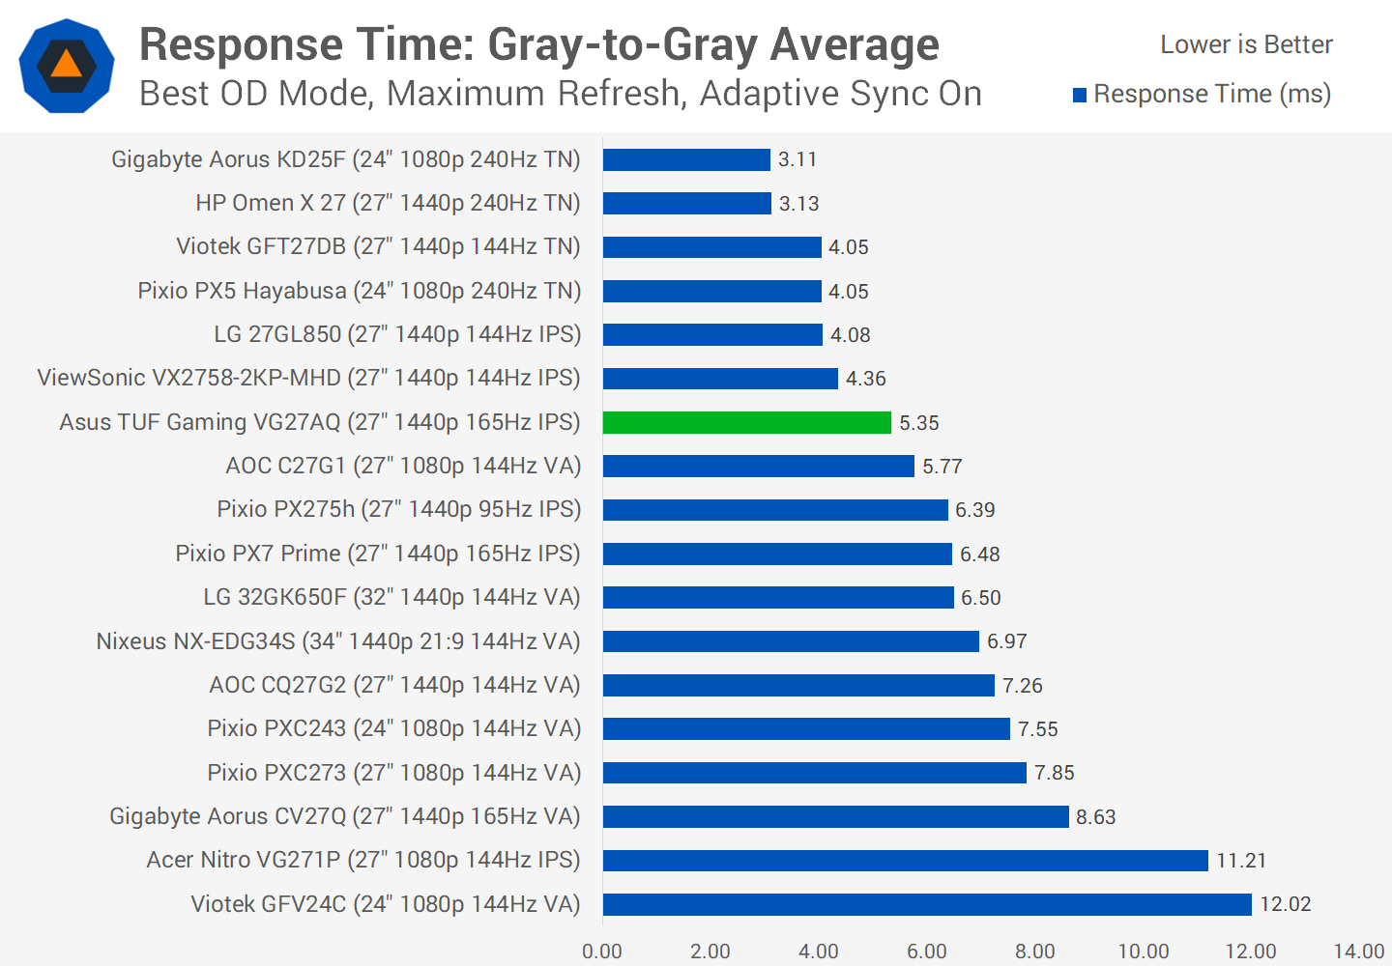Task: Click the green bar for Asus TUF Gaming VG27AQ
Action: (x=746, y=422)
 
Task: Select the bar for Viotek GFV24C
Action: (x=927, y=904)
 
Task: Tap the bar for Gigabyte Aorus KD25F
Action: (x=686, y=159)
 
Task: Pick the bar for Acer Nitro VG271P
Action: (x=905, y=860)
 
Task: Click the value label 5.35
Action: (x=918, y=423)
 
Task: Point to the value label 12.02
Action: (x=1285, y=904)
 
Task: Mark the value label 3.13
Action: (x=798, y=204)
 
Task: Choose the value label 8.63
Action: (x=1095, y=817)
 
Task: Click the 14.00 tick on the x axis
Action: (x=1358, y=952)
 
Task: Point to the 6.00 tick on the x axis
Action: (x=926, y=952)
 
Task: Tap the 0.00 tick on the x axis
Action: (x=602, y=952)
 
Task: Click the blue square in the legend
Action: (x=1080, y=95)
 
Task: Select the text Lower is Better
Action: (x=1246, y=44)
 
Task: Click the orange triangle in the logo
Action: (x=66, y=65)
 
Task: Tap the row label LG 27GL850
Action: (x=397, y=334)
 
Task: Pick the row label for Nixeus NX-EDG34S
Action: (x=338, y=641)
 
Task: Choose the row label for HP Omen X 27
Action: (x=388, y=203)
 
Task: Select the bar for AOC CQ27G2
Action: (x=798, y=685)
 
